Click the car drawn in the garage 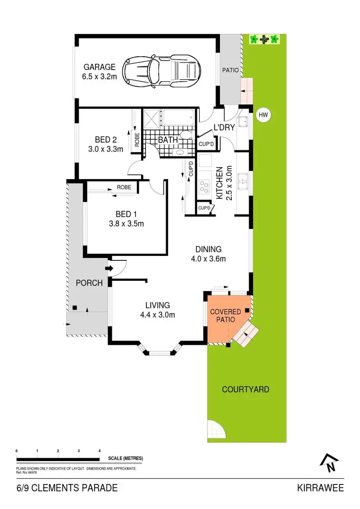click(161, 71)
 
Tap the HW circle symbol click(263, 115)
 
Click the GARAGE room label click(100, 67)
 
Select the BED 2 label click(106, 140)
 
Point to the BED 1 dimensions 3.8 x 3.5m click(126, 224)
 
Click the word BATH click(168, 140)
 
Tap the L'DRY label click(224, 127)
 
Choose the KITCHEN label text click(220, 183)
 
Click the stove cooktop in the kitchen click(204, 187)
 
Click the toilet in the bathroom click(186, 135)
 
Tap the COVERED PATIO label click(226, 315)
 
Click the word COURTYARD click(246, 389)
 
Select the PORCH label click(89, 283)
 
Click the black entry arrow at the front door click(109, 268)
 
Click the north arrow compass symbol click(329, 463)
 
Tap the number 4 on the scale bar click(99, 451)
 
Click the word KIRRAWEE click(320, 488)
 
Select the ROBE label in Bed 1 click(124, 187)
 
